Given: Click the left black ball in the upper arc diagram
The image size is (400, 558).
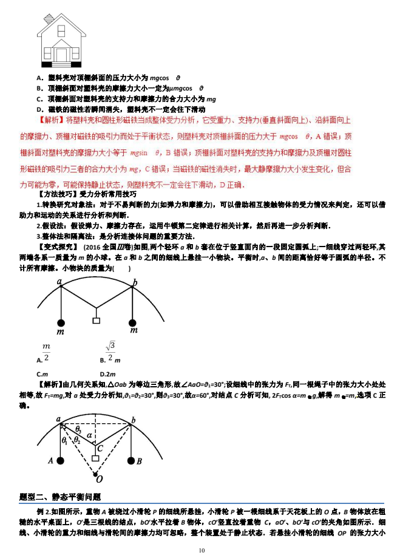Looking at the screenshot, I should point(61,322).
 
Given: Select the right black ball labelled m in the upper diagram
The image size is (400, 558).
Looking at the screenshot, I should point(133,322).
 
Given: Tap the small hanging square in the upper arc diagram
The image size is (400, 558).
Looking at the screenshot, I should point(95,320).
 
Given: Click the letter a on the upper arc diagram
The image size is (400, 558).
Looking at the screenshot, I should point(59,281).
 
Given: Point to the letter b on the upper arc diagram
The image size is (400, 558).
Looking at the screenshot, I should point(135,282).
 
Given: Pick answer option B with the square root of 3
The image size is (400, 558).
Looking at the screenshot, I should point(109,352).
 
